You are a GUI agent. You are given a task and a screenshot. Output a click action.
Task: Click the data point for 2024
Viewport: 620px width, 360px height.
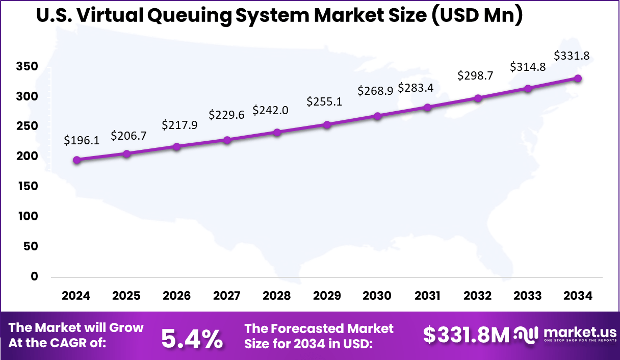[76, 160]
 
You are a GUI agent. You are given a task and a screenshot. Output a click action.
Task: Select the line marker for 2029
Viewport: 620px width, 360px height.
[327, 124]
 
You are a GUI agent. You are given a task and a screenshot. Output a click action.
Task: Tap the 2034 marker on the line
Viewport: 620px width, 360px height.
[578, 78]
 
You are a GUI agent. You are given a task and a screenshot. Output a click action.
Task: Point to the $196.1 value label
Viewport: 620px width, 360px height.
[82, 140]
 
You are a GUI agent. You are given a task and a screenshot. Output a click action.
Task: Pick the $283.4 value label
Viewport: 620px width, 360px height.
[416, 88]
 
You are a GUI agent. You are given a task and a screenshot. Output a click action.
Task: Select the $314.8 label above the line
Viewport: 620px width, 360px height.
[528, 67]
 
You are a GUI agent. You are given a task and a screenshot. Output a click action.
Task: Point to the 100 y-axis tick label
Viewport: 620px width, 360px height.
[30, 216]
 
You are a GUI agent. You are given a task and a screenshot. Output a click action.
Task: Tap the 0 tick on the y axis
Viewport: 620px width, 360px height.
[35, 276]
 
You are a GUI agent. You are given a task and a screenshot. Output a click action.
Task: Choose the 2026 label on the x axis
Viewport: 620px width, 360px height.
[177, 296]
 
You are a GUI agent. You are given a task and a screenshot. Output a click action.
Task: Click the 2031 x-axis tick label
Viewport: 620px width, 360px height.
[427, 296]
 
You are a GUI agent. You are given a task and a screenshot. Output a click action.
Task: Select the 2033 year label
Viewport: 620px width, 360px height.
[528, 296]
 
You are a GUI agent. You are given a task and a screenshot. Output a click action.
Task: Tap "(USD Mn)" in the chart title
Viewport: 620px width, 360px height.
[475, 15]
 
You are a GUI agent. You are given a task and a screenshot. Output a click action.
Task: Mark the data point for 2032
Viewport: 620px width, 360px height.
[478, 98]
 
